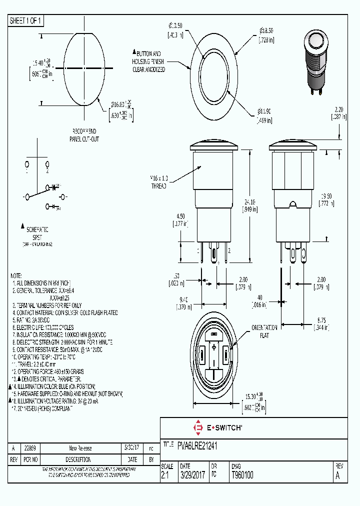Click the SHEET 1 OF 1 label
coord(26,20)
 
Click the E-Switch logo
coord(217,427)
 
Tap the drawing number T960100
coord(242,475)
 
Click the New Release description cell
coord(80,448)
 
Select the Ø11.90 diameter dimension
coord(264,116)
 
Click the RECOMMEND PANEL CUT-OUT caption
coord(84,135)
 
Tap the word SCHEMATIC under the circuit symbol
coord(37,229)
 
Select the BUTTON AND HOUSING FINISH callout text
coord(148,61)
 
